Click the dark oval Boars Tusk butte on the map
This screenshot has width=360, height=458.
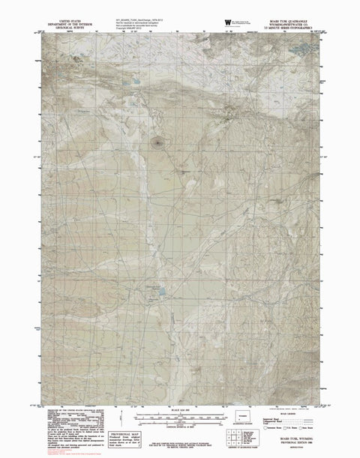pos(157,139)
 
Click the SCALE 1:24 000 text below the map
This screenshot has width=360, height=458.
pos(179,411)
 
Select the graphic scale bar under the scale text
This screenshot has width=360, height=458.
pos(179,418)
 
